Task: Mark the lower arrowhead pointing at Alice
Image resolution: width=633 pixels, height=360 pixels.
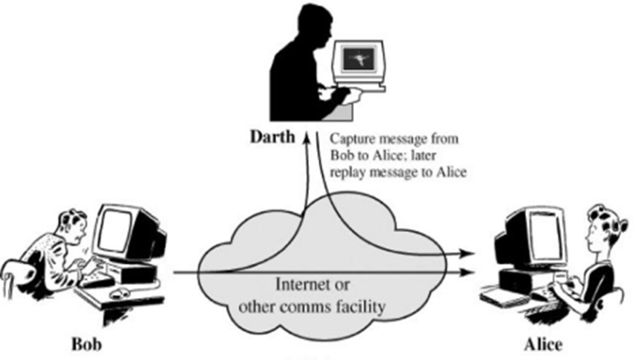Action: [469, 273]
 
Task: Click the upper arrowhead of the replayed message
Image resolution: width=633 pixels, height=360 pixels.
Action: [469, 255]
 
